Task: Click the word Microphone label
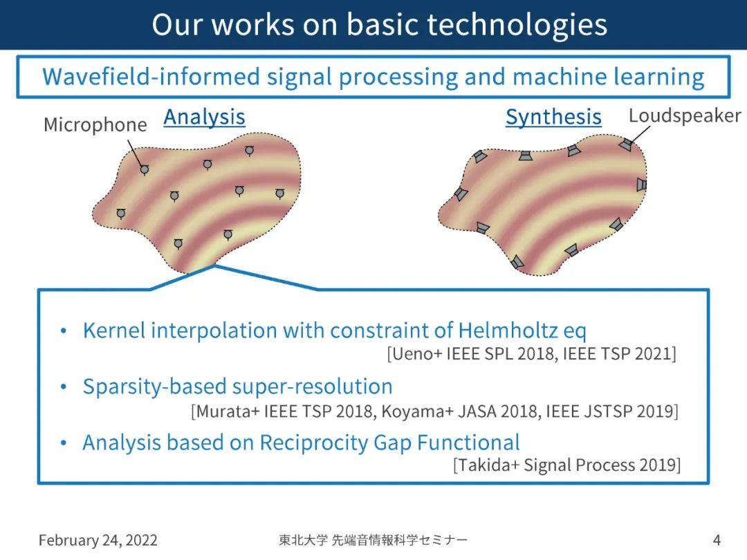[x=95, y=124]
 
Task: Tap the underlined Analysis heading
[x=204, y=117]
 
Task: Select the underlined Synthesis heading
[x=553, y=117]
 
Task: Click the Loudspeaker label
[x=685, y=115]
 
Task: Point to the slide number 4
[x=717, y=540]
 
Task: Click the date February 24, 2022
[x=98, y=540]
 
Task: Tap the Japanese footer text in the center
[x=373, y=540]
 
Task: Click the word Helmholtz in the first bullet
[x=508, y=330]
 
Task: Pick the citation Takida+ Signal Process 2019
[x=567, y=465]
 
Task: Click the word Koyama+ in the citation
[x=417, y=411]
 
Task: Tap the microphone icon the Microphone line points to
[x=145, y=169]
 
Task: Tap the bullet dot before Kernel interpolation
[x=64, y=330]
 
